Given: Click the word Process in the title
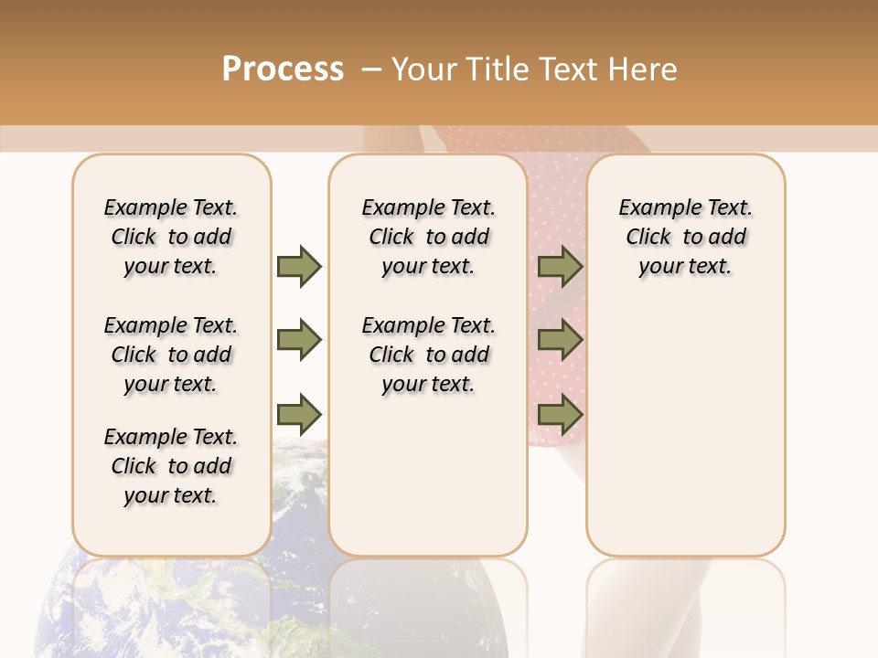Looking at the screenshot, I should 283,69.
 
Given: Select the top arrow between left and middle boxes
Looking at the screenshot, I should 299,266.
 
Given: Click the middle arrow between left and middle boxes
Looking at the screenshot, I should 299,340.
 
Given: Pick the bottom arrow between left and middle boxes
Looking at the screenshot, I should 299,415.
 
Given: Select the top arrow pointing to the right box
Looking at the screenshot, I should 560,266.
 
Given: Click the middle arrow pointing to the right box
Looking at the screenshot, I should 560,340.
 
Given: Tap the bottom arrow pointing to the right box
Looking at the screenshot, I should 560,415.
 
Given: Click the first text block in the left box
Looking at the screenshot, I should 171,237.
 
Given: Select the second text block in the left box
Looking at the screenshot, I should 171,355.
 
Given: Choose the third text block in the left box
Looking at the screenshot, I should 171,466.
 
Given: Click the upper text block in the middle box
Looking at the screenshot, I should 428,237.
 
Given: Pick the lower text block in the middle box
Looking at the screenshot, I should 428,355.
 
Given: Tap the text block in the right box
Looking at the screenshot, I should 685,237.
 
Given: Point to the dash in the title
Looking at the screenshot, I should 370,69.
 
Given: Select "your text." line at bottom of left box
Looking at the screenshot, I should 170,495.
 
